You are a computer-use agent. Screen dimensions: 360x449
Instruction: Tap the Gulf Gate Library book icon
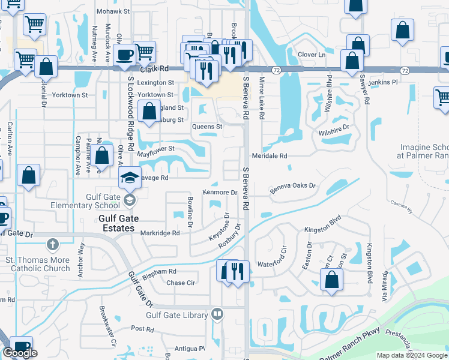point(217,314)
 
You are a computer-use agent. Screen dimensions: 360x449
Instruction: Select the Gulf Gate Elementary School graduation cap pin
point(129,178)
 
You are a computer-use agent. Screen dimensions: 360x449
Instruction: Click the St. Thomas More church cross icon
point(53,245)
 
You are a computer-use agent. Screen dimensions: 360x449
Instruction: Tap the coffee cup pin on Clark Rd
point(124,55)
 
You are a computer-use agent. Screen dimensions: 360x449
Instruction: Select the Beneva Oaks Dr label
point(292,187)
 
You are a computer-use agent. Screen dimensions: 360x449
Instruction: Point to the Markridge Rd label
point(160,233)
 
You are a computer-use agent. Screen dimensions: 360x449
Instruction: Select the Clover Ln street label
point(311,55)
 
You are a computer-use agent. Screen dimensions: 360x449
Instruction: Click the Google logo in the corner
point(20,353)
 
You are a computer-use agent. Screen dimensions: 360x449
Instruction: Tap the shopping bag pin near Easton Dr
point(331,279)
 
